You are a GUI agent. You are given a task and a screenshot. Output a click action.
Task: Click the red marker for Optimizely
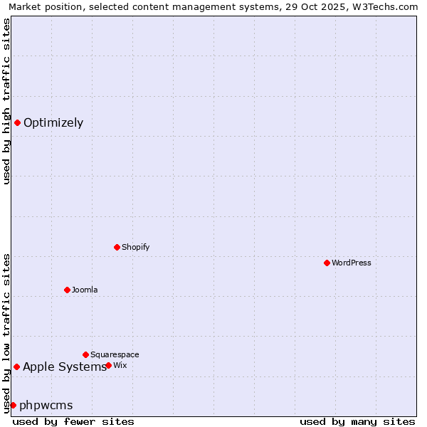[x=17, y=122]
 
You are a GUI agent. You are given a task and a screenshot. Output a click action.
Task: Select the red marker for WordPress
[x=327, y=263]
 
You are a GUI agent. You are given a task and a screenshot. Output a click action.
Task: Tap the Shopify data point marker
[x=117, y=247]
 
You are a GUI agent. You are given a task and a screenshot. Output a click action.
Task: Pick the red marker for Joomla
[x=67, y=290]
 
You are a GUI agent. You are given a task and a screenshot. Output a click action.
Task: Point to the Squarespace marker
[x=85, y=354]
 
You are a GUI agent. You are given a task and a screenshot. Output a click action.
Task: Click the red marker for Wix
[x=108, y=365]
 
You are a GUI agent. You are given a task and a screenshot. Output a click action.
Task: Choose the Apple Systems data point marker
[x=16, y=367]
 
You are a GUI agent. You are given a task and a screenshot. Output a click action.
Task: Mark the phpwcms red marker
[x=13, y=405]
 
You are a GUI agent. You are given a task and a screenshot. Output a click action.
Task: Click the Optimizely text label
[x=53, y=122]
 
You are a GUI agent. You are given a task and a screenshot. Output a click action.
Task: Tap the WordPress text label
[x=352, y=263]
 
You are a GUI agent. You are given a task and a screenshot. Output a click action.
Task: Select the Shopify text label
[x=136, y=247]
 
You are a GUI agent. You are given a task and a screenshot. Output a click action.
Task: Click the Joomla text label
[x=85, y=290]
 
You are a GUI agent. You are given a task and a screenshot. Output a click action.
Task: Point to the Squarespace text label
[x=115, y=354]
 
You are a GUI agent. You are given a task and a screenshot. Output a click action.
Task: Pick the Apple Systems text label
[x=65, y=367]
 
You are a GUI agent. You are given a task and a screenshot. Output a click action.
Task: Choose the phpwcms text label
[x=46, y=405]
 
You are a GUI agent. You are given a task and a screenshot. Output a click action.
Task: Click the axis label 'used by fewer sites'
[x=73, y=421]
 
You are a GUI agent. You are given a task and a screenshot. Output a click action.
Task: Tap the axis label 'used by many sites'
[x=357, y=421]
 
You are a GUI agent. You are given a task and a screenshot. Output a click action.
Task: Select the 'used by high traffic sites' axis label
[x=6, y=101]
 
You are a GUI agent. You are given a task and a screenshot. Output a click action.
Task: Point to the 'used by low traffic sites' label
[x=6, y=332]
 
